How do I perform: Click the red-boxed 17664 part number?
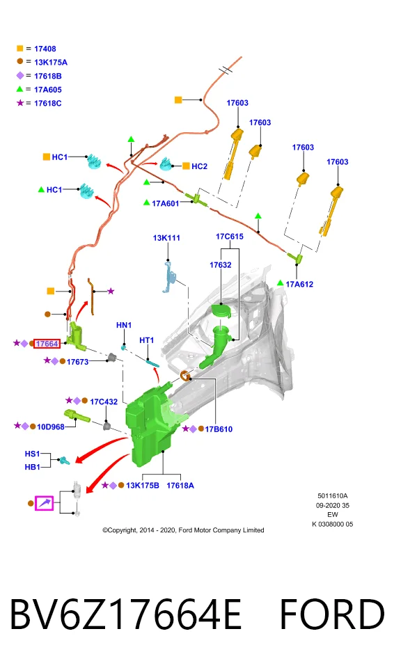47,343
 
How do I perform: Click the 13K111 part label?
166,238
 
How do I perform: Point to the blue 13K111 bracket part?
169,278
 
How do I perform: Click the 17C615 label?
230,237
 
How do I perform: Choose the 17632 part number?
221,265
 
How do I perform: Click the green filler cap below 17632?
222,310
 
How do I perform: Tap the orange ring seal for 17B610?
184,376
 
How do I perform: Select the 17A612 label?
299,284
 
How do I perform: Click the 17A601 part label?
166,203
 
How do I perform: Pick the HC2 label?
199,166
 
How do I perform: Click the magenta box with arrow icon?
45,504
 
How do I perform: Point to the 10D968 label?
51,427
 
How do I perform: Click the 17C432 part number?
104,401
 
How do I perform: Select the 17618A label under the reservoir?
180,485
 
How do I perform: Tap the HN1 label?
124,325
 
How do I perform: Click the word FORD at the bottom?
332,614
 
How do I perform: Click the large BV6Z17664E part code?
125,614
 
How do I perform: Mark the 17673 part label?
77,362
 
